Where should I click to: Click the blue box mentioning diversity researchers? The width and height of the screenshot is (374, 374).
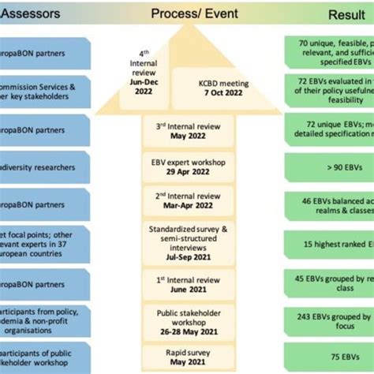click(x=43, y=166)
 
